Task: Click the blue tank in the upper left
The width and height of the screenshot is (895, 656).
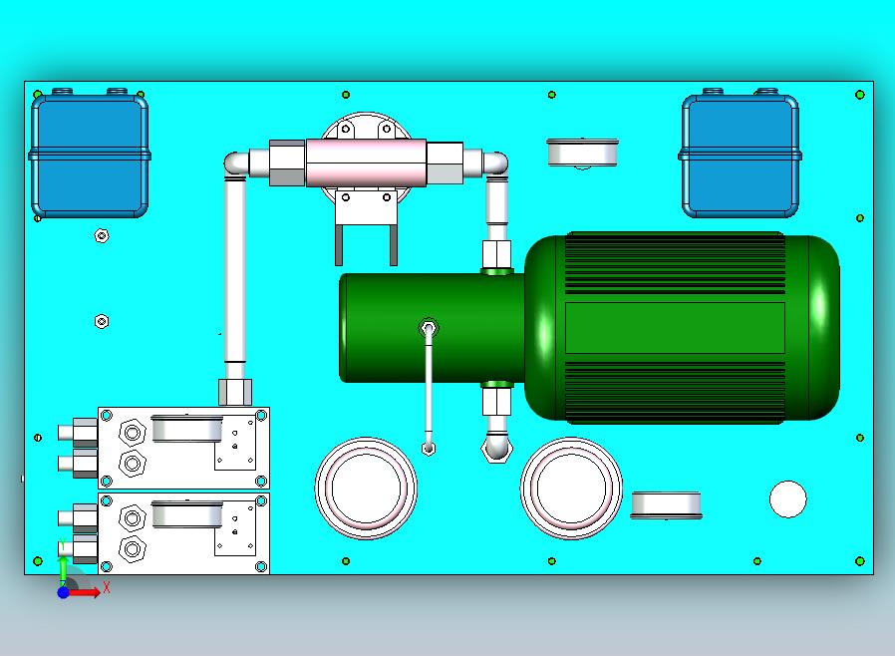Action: [x=90, y=155]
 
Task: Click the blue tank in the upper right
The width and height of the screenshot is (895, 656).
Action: [x=740, y=155]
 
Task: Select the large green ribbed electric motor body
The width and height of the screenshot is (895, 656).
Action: [x=682, y=328]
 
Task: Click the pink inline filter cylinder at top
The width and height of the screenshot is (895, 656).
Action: [x=366, y=163]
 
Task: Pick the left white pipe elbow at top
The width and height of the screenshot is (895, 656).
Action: [x=236, y=164]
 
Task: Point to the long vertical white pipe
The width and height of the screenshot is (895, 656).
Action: [x=234, y=269]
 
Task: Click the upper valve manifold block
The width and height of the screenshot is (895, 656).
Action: [x=183, y=449]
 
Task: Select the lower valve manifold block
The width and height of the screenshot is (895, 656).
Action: [x=183, y=533]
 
